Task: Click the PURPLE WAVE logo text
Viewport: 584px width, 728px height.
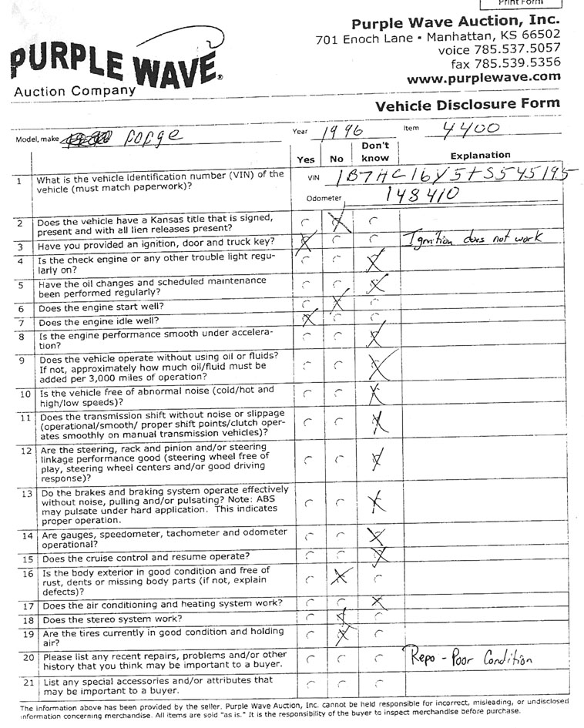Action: tap(114, 65)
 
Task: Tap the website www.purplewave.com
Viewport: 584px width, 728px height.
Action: tap(483, 77)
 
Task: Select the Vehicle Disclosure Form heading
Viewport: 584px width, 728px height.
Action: tap(467, 105)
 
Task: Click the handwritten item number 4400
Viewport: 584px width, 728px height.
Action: tap(472, 129)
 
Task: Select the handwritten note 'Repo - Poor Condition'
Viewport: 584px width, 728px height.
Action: tap(468, 659)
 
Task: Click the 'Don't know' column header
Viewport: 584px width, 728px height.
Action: tap(374, 152)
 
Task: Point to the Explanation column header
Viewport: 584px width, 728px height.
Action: tap(480, 155)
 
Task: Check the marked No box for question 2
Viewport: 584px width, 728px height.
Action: tap(337, 223)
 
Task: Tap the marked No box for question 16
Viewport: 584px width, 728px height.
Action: tap(340, 577)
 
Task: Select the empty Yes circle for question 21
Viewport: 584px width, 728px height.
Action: tap(308, 683)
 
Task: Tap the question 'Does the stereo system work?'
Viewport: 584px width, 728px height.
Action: tap(111, 619)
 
